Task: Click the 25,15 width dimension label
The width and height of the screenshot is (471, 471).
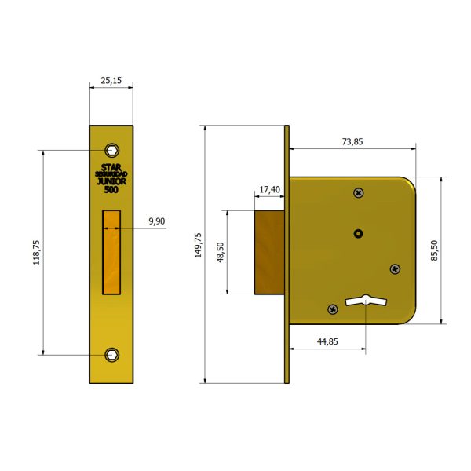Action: pyautogui.click(x=111, y=81)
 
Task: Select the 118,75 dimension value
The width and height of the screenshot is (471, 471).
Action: pyautogui.click(x=36, y=252)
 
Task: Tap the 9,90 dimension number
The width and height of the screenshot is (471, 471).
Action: pyautogui.click(x=157, y=221)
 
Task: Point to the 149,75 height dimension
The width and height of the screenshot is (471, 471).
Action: pyautogui.click(x=198, y=245)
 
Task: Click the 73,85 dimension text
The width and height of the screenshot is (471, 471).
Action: pyautogui.click(x=352, y=141)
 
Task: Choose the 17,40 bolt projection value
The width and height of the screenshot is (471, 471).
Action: pyautogui.click(x=270, y=189)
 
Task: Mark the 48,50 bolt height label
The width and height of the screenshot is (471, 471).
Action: pyautogui.click(x=221, y=252)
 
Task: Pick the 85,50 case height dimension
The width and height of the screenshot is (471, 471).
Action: pyautogui.click(x=435, y=250)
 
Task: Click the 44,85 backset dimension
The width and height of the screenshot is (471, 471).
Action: pyautogui.click(x=327, y=341)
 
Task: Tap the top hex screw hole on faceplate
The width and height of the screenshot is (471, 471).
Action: pyautogui.click(x=112, y=150)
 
